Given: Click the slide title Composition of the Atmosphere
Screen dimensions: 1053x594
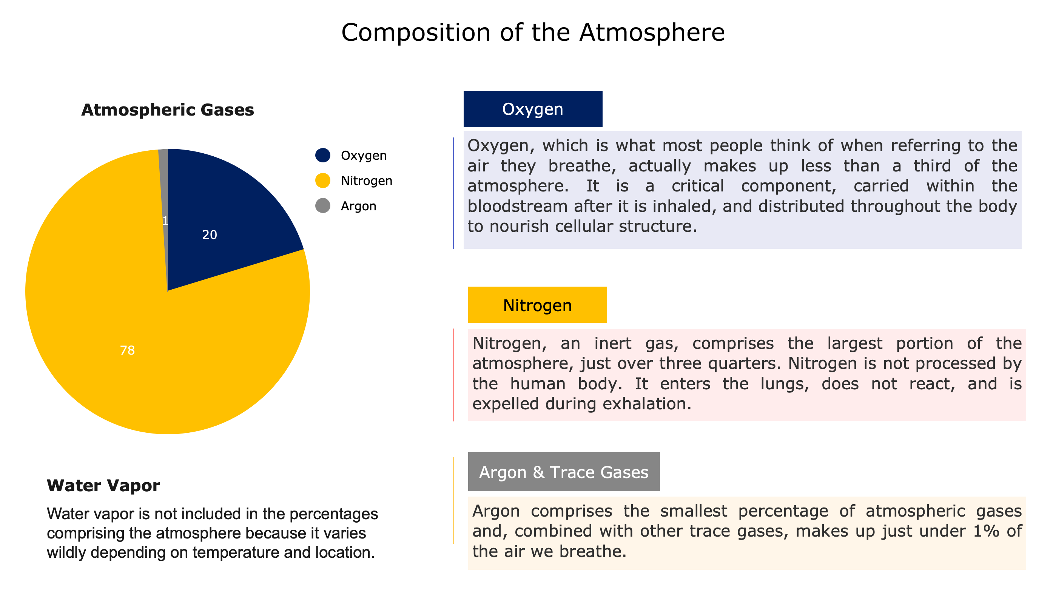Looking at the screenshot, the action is tap(533, 32).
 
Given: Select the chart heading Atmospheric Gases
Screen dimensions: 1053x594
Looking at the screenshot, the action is tap(168, 110).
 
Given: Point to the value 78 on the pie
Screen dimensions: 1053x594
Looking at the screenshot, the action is tap(128, 350).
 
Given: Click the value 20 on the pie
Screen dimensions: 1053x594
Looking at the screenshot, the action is tap(210, 235).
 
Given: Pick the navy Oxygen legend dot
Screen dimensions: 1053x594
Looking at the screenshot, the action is tap(322, 155).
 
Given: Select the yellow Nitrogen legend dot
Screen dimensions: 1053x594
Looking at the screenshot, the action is tap(322, 181).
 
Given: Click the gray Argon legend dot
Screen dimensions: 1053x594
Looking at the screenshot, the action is tap(322, 206).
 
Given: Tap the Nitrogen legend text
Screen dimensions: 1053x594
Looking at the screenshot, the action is tap(367, 181).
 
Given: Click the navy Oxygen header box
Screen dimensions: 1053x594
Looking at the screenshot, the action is tap(533, 109).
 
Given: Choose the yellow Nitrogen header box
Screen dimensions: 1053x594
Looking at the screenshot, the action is tap(537, 305).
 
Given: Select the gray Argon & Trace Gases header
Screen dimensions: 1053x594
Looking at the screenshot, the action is tap(564, 472).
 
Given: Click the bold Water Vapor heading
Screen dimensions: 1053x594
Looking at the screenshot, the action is tap(103, 486).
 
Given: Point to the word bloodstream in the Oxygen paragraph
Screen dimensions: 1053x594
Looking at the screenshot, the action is tap(517, 207).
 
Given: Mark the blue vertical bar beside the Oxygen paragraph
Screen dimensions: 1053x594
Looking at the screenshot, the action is tap(453, 193).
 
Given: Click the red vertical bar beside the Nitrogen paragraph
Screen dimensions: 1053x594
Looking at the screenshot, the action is tap(453, 375).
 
